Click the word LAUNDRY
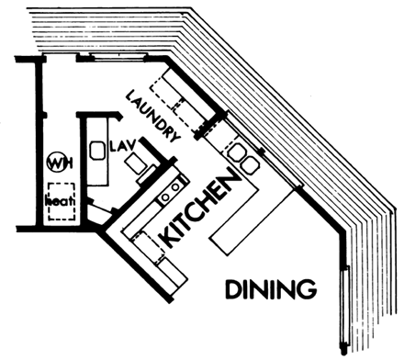[x=152, y=116]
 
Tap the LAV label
[x=122, y=146]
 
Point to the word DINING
[x=271, y=288]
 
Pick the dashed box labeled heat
[x=62, y=201]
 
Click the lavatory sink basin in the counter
[x=96, y=151]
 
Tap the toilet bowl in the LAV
[x=134, y=163]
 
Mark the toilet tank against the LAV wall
[x=147, y=174]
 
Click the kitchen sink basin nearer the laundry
[x=238, y=152]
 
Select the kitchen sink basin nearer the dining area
[x=251, y=165]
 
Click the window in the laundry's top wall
[x=118, y=57]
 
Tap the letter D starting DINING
[x=233, y=289]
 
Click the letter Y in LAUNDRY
[x=174, y=137]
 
